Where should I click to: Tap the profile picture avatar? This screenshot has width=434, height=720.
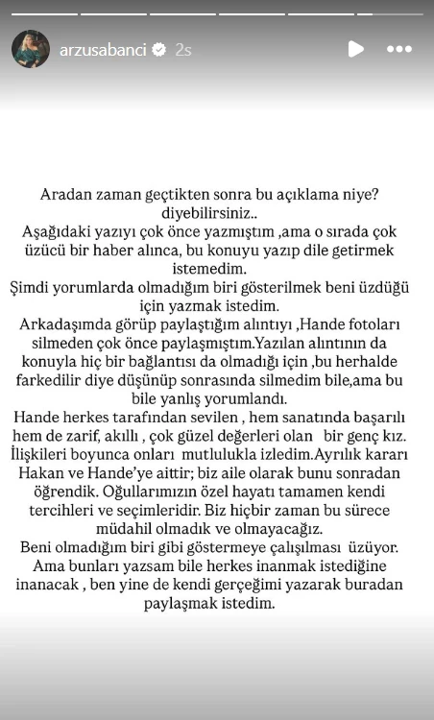(31, 49)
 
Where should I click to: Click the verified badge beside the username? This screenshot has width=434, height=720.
(160, 49)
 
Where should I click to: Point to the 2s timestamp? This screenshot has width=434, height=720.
(183, 49)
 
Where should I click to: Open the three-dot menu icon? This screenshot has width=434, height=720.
(398, 49)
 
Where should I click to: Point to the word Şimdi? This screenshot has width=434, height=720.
(43, 287)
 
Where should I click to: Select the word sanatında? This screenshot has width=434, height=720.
(296, 416)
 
